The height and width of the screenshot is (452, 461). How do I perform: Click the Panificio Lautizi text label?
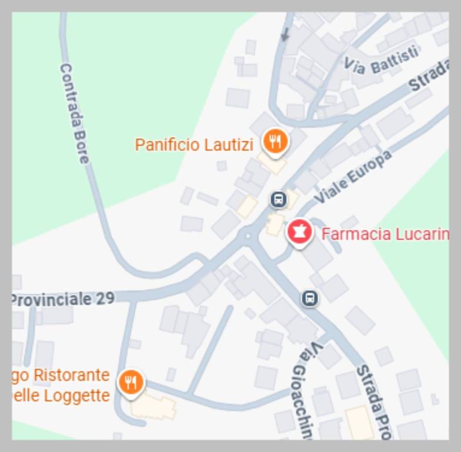(x=193, y=145)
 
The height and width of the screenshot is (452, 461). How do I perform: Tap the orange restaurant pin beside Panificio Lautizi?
(x=275, y=142)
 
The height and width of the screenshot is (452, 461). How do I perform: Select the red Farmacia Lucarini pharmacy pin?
(x=299, y=232)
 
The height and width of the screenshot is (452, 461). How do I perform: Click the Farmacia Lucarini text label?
(x=385, y=234)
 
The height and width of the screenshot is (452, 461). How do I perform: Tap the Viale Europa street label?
(x=352, y=177)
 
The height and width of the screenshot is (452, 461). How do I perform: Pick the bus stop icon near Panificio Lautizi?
(x=279, y=200)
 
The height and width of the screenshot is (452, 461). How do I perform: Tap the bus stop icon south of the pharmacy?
(x=310, y=298)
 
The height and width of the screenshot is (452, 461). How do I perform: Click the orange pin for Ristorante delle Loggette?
(x=131, y=382)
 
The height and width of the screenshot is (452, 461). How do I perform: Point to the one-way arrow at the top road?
(x=286, y=35)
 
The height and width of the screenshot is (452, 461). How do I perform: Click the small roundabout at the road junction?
(x=249, y=237)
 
